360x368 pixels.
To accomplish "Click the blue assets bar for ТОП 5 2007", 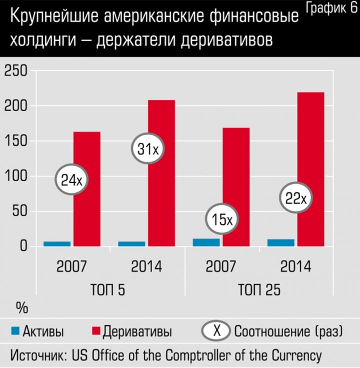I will tap(57, 244).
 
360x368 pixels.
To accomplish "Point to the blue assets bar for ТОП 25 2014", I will tap(280, 243).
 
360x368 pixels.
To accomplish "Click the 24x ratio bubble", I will tap(71, 180).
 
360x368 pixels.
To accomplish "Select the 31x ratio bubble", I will tap(148, 149).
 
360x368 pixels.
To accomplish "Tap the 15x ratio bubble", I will tap(220, 220).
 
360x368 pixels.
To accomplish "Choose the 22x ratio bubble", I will tap(295, 198).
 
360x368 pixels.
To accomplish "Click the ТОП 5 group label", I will tap(107, 290).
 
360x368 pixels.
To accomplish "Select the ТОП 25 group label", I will tap(259, 290).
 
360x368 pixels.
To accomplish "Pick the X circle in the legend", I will tap(216, 331).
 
